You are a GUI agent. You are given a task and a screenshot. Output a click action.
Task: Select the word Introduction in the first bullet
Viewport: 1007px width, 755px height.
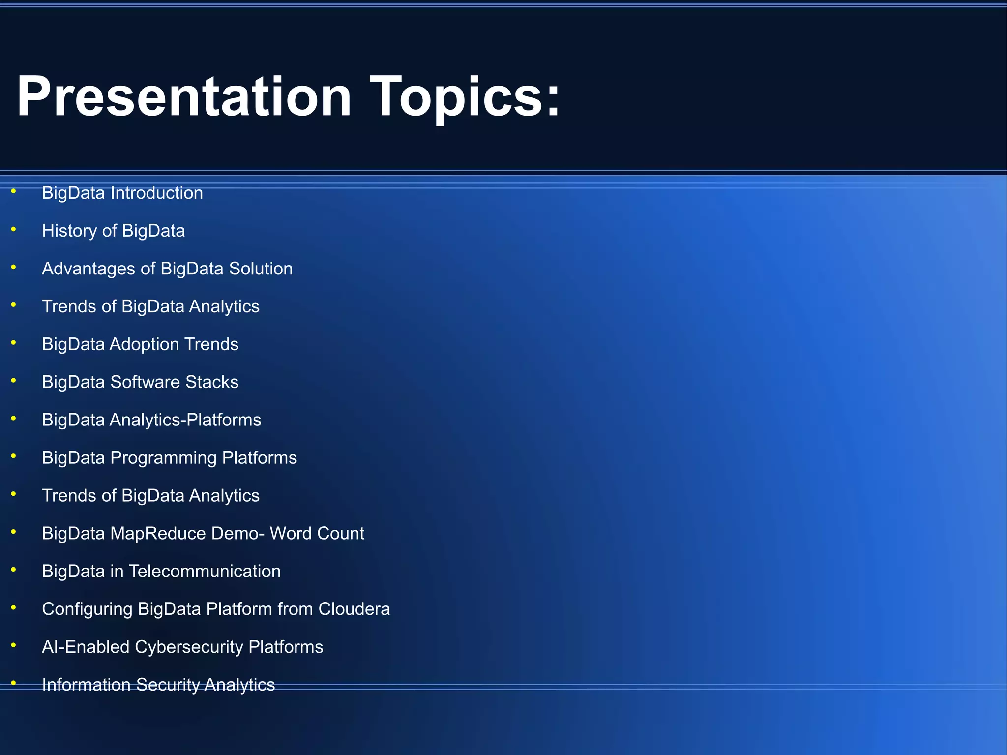pyautogui.click(x=156, y=193)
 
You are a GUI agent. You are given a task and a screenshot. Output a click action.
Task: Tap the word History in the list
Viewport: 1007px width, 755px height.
pyautogui.click(x=69, y=231)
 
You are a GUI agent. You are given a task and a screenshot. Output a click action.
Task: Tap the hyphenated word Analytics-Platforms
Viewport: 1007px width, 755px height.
pyautogui.click(x=185, y=420)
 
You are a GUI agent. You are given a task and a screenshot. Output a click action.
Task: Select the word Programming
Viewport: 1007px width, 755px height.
pyautogui.click(x=163, y=458)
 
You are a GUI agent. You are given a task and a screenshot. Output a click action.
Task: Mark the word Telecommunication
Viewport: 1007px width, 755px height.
pyautogui.click(x=205, y=572)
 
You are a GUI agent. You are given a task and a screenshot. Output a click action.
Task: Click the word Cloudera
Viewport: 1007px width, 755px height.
pyautogui.click(x=354, y=609)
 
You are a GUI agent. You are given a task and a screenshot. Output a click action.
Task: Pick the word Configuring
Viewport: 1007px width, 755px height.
pyautogui.click(x=87, y=609)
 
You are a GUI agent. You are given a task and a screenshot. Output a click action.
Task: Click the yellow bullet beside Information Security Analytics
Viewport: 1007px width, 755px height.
pyautogui.click(x=13, y=683)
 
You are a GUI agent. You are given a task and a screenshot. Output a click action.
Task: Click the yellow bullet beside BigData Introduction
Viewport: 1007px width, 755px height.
pyautogui.click(x=13, y=191)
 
